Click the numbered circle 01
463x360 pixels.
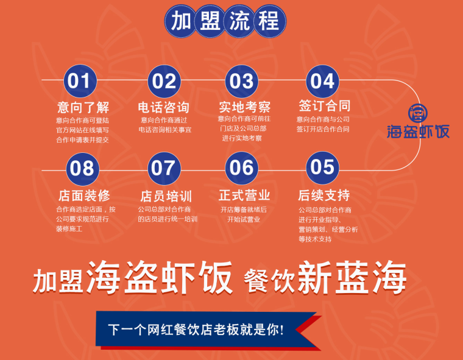coord(80,81)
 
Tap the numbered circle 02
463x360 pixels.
coord(164,81)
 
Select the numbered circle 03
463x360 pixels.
coord(241,81)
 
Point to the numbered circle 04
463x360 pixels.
coord(322,81)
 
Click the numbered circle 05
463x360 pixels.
coord(322,168)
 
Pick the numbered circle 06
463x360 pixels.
coord(241,168)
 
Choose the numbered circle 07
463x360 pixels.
coord(164,168)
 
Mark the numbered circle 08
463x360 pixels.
coord(82,169)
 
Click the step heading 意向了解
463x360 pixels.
coord(83,107)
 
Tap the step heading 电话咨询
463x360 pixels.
coord(164,107)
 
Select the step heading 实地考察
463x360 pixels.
coord(244,107)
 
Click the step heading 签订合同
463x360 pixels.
coord(325,106)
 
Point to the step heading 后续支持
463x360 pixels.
coord(324,195)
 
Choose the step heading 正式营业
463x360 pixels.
coord(244,195)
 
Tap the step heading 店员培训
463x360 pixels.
coord(166,196)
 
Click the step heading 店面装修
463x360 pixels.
coord(84,196)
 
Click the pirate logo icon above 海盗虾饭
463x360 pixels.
coord(418,113)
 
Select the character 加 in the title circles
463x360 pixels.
coord(181,21)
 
